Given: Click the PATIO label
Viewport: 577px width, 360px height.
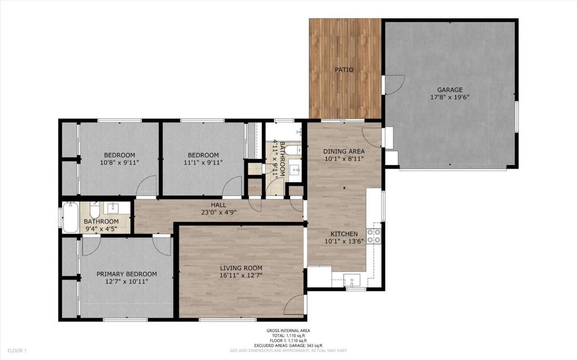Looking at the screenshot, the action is [x=344, y=69].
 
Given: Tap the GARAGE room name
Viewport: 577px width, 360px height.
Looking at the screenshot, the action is [x=450, y=90].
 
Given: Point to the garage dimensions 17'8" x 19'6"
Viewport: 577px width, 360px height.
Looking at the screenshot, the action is [x=450, y=97].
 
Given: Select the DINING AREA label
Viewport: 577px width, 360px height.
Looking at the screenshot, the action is [x=344, y=152].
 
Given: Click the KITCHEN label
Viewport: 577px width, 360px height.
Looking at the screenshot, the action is [x=344, y=234].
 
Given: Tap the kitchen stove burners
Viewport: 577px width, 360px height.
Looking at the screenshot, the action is [x=374, y=236].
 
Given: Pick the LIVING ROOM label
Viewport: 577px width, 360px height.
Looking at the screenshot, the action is [x=241, y=268].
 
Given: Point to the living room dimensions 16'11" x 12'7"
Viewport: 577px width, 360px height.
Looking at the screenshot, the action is [x=241, y=275].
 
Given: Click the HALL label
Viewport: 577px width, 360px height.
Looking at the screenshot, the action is [x=219, y=205].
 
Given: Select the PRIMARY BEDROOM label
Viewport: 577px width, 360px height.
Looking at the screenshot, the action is [x=127, y=274].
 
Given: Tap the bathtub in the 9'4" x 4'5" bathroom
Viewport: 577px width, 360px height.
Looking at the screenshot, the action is [x=70, y=217].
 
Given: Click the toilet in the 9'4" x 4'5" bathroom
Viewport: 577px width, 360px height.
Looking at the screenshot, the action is [x=95, y=209].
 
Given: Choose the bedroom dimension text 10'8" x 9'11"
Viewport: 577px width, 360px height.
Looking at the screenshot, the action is [x=119, y=162].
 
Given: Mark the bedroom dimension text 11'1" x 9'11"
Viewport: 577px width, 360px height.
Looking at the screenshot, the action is [x=203, y=162].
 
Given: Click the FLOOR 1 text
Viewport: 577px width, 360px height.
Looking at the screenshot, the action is [x=17, y=351].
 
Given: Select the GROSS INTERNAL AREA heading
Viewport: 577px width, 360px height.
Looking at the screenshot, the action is [x=288, y=331].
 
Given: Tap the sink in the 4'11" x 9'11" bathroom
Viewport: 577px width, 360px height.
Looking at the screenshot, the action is [x=295, y=170].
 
